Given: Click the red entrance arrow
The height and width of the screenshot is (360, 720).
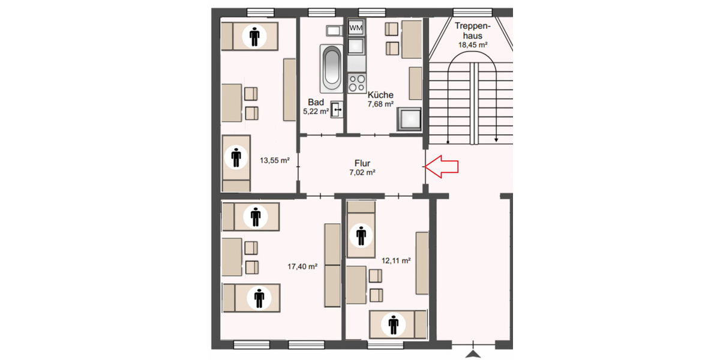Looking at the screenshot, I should [x=442, y=166].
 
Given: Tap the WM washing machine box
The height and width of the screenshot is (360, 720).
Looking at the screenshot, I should [x=356, y=28].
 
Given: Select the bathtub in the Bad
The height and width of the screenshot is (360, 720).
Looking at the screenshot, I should [x=331, y=67].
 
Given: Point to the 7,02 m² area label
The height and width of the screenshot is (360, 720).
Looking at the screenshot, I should [x=362, y=172].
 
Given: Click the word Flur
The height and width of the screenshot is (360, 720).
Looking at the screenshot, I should [x=362, y=163].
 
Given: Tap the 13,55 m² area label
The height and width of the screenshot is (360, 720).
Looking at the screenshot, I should [x=275, y=160].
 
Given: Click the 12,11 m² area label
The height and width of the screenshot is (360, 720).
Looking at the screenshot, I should [x=396, y=260].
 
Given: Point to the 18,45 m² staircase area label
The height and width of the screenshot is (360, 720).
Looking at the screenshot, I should [x=473, y=45].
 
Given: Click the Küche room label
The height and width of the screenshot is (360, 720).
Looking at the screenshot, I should [x=380, y=95].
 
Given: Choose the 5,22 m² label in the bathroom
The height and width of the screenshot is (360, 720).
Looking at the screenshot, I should [x=316, y=112].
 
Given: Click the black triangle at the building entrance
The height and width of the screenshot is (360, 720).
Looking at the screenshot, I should [x=473, y=353].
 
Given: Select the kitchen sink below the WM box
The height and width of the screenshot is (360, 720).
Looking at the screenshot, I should [x=356, y=46].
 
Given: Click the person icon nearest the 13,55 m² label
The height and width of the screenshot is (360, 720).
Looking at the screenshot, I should [x=236, y=157].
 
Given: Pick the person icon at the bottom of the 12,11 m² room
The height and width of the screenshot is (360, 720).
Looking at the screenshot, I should [x=394, y=325].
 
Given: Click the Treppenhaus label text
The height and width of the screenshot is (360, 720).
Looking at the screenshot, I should [x=473, y=31].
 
